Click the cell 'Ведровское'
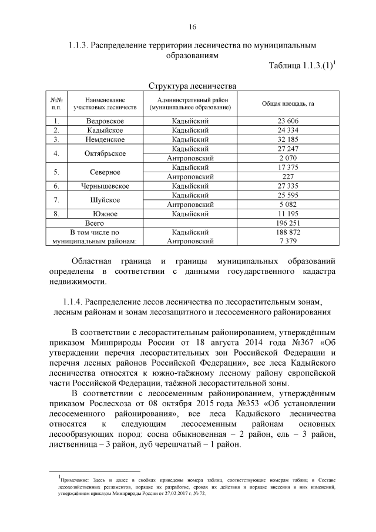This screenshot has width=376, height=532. [105, 121]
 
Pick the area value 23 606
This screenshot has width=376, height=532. [287, 121]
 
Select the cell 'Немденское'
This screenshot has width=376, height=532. [105, 139]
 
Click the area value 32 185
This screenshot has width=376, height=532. [287, 139]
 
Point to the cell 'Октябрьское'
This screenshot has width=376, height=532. [105, 153]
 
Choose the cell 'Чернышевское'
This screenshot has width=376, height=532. [105, 186]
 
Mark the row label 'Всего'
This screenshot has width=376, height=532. [95, 223]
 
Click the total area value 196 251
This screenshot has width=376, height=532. [287, 223]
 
